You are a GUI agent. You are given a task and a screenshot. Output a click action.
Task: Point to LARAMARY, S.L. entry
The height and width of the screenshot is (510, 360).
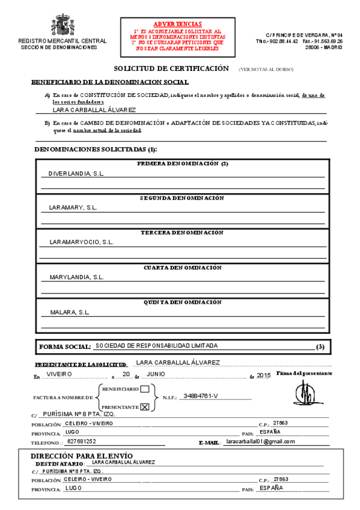tap(73, 207)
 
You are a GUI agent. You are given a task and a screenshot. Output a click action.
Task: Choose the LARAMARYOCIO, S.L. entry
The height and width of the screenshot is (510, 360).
tap(81, 242)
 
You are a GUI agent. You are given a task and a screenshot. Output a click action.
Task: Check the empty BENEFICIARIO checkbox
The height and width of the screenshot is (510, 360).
tap(144, 389)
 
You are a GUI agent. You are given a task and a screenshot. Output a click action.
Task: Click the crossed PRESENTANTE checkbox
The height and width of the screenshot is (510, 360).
tap(144, 407)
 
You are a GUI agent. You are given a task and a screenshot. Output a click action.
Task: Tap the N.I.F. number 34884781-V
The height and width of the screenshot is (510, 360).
tap(201, 396)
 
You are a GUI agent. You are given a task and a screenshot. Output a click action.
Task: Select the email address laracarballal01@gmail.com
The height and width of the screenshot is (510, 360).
tap(260, 441)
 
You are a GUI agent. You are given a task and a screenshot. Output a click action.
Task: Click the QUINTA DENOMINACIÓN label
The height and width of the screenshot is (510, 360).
tap(182, 302)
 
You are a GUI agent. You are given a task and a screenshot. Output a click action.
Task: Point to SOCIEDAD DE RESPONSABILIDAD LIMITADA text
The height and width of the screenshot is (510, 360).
tap(156, 346)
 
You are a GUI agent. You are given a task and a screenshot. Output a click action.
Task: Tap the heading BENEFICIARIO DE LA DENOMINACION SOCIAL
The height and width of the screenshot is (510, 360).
tap(110, 82)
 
